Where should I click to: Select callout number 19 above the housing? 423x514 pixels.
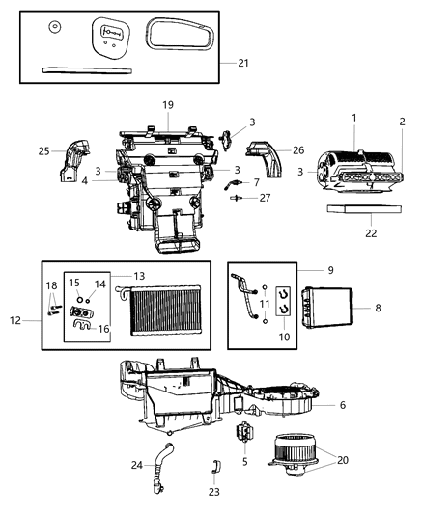167,103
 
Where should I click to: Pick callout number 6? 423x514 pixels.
342,405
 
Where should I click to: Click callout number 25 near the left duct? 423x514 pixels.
43,151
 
